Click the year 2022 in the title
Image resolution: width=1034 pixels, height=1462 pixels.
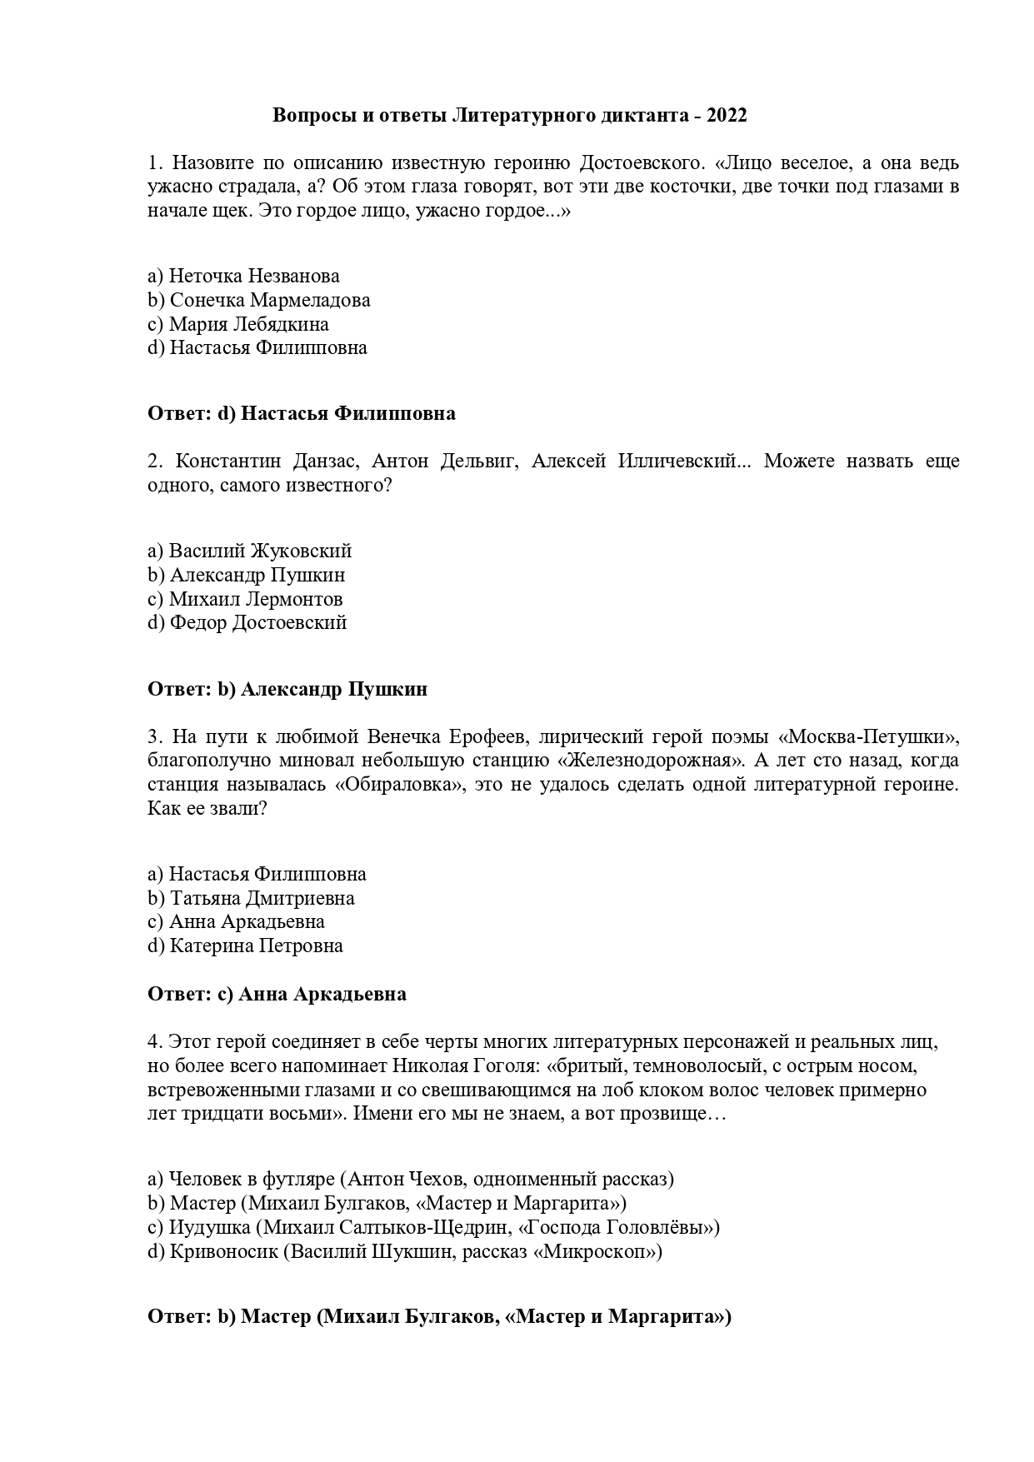[x=727, y=116]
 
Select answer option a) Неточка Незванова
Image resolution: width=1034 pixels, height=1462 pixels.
[x=243, y=276]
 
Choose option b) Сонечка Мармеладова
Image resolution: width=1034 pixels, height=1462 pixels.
[x=258, y=300]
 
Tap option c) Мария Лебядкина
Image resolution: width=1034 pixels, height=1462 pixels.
[x=238, y=324]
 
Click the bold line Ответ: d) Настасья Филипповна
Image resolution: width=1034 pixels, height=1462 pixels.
[x=302, y=413]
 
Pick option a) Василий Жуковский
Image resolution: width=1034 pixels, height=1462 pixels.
[x=249, y=551]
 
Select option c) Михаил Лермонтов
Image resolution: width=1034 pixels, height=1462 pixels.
[x=245, y=599]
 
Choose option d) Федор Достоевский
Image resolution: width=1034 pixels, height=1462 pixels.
[x=247, y=622]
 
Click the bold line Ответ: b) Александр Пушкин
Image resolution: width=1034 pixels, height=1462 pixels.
[x=287, y=689]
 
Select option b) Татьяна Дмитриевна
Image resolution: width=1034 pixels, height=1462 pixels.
[x=251, y=898]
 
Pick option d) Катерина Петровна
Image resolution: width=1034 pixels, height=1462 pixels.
[x=245, y=946]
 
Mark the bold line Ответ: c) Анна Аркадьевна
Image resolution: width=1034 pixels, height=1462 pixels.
[x=277, y=994]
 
